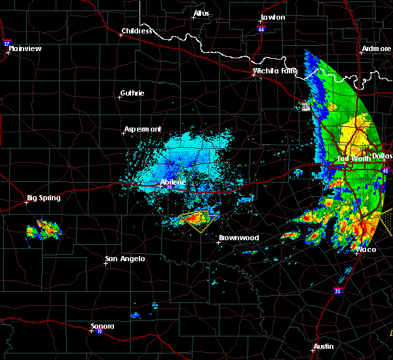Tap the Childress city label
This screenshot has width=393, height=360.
click(x=136, y=31)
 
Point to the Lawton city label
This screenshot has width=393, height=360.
click(x=272, y=17)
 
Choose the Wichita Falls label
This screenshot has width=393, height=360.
click(x=275, y=71)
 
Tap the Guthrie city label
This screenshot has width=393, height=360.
click(x=132, y=93)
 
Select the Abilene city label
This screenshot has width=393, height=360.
click(x=173, y=183)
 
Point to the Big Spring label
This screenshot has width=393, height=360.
click(x=43, y=198)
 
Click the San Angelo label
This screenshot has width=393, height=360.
click(x=124, y=259)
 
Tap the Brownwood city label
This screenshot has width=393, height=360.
click(x=238, y=238)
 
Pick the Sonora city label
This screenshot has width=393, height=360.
click(x=102, y=326)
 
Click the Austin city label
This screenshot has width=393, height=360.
click(x=323, y=346)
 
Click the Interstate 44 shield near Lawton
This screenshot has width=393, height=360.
click(x=261, y=30)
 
